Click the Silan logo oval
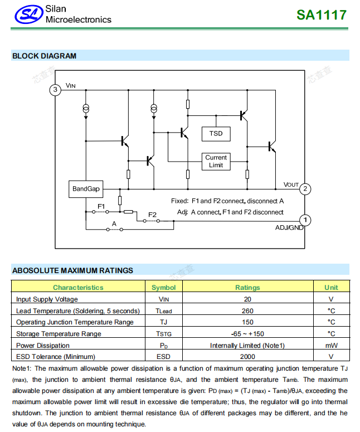[x=28, y=15]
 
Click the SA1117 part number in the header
[x=322, y=15]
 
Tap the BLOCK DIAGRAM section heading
[x=44, y=56]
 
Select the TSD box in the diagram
[x=216, y=133]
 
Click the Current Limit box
[x=216, y=161]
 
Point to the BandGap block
[x=86, y=189]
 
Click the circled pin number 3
[x=55, y=90]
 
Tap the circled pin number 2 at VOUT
[x=305, y=189]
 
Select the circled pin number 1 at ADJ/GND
[x=305, y=220]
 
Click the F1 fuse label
[x=101, y=206]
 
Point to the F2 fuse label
[x=152, y=215]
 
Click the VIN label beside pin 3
[x=70, y=86]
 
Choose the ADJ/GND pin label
[x=289, y=227]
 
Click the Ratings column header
[x=247, y=288]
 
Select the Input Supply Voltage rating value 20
[x=247, y=299]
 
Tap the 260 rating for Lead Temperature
[x=247, y=310]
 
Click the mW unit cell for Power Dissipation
[x=331, y=345]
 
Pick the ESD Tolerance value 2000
[x=247, y=356]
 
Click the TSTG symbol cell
[x=163, y=334]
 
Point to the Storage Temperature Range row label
[x=59, y=334]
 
